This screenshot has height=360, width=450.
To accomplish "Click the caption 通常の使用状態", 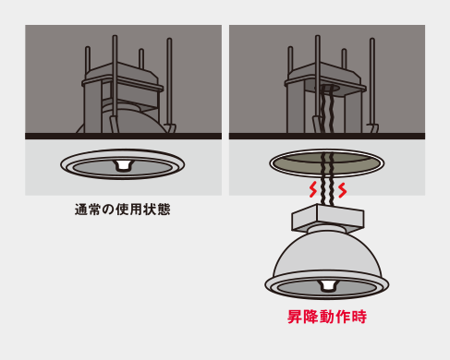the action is click(122, 210).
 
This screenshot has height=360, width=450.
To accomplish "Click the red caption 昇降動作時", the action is click(327, 317).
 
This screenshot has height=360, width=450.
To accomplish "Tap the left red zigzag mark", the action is click(313, 189).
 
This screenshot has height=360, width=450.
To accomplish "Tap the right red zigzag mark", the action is click(342, 190).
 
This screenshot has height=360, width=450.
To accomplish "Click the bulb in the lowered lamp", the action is click(326, 285).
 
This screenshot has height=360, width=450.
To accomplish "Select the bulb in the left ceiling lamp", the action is click(123, 165).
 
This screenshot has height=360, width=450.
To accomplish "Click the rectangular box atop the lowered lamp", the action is click(328, 217).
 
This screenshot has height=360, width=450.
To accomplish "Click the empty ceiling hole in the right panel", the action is click(327, 163).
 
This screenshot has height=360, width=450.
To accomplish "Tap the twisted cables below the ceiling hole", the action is click(327, 178).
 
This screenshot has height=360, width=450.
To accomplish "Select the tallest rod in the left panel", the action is click(115, 83).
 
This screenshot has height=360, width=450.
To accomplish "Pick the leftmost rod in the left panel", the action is click(88, 62).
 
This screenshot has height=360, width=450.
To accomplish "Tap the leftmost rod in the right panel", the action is click(290, 62).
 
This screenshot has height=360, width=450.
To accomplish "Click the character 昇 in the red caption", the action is click(295, 317).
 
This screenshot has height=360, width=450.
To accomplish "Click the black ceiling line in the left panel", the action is click(123, 136).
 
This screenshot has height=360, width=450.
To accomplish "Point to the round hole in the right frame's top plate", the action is click(327, 88).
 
